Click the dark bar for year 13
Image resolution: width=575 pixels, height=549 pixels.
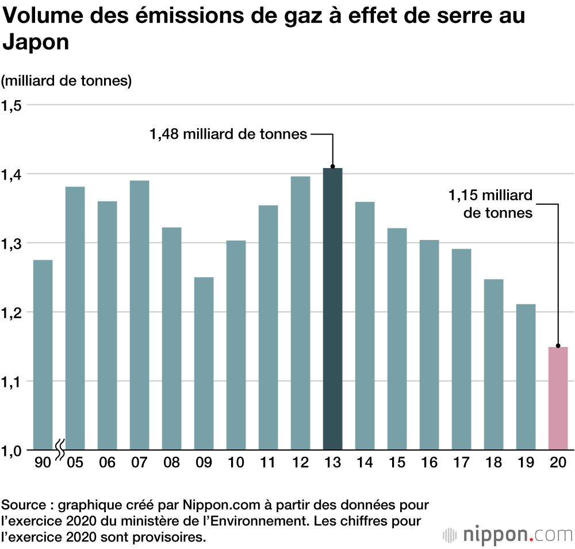click(332, 308)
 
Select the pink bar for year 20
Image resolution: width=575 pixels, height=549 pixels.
click(558, 398)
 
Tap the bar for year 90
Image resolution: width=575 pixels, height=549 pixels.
click(43, 354)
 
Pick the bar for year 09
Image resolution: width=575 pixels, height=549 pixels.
click(204, 363)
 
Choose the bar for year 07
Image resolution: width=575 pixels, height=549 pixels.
click(139, 315)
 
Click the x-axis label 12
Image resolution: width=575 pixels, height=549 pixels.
click(300, 463)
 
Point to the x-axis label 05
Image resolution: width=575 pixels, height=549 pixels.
click(75, 463)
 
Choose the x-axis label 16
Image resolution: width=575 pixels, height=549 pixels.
click(429, 463)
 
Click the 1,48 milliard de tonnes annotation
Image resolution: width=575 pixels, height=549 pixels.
click(228, 135)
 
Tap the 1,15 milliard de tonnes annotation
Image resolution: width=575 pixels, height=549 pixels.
click(490, 204)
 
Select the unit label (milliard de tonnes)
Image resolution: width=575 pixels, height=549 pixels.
click(67, 81)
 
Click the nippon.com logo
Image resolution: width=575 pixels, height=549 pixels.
click(508, 534)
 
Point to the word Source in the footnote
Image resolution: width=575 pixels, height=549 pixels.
click(23, 506)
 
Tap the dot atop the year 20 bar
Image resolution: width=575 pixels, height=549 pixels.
click(558, 346)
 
